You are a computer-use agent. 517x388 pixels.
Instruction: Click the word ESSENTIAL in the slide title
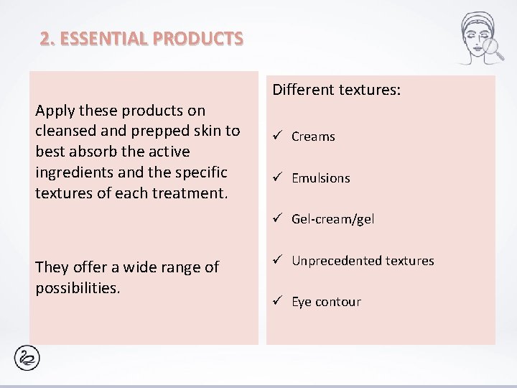pos(106,38)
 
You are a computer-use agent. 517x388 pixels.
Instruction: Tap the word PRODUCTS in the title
pos(199,38)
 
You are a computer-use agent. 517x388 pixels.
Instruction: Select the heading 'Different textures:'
pos(336,90)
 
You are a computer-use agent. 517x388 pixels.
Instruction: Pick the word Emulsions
pos(320,178)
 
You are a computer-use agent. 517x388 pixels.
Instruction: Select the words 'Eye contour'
pos(326,302)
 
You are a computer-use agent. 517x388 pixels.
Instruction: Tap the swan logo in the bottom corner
pos(27,357)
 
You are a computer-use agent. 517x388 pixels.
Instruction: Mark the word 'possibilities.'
pos(77,287)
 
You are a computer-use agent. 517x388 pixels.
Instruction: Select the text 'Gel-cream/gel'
pos(332,219)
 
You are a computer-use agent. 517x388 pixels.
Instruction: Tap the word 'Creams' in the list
pos(313,137)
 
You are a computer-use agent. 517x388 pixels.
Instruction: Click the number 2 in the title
pos(45,38)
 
